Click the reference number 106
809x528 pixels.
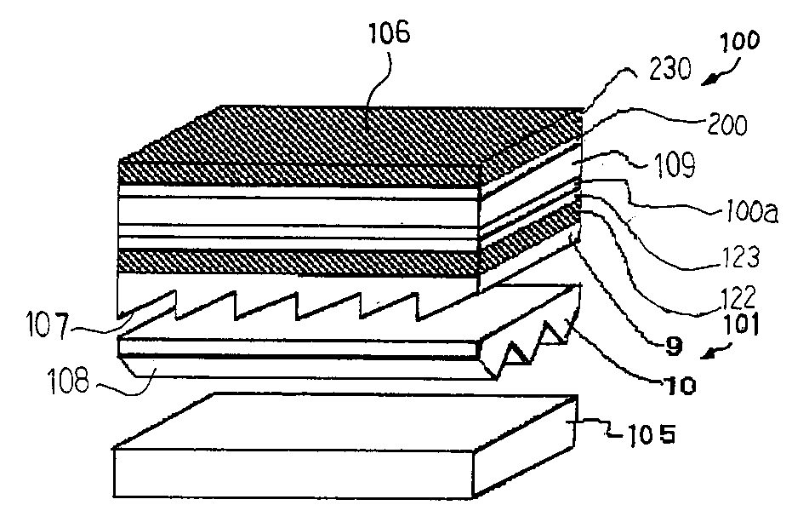pos(389,35)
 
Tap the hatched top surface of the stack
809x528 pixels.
pos(357,136)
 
